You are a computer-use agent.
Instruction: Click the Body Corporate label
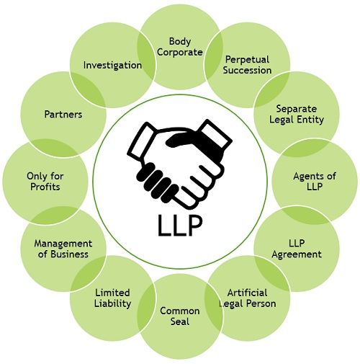click(180, 47)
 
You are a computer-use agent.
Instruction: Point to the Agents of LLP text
click(315, 181)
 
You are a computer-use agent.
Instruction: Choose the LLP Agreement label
click(297, 248)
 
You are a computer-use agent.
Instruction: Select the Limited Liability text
click(113, 298)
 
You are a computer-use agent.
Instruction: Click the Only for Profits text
click(42, 181)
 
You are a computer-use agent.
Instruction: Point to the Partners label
click(63, 114)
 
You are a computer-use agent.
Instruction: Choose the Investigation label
click(112, 65)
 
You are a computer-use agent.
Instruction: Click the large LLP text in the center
click(179, 224)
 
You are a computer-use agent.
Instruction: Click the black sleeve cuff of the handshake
click(214, 134)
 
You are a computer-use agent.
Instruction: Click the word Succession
click(247, 70)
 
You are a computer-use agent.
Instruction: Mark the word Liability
click(113, 303)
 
